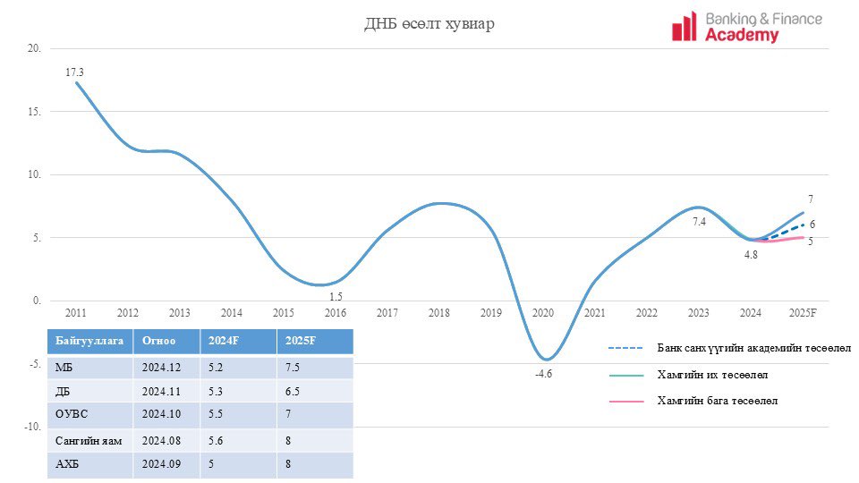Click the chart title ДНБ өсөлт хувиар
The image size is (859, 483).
pos(429,24)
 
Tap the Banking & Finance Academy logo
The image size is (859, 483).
pos(746,27)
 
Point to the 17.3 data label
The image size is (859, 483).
pos(74,71)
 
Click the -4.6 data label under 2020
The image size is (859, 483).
pos(544,374)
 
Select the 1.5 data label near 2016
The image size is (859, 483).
pos(336,297)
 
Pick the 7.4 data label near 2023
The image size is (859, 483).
pos(699,221)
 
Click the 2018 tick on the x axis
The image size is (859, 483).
pos(439,313)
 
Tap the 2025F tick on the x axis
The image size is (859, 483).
pos(803,313)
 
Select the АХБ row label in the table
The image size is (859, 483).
pos(67,465)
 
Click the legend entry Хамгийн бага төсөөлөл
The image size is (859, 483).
pos(718,401)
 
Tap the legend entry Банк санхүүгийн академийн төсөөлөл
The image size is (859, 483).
pos(753,347)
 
